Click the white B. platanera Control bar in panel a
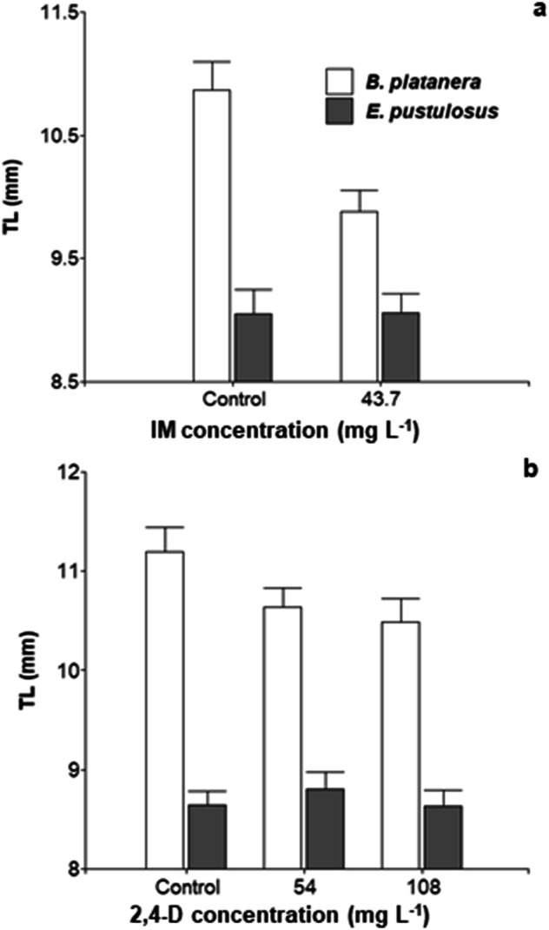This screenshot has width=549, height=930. point(212,235)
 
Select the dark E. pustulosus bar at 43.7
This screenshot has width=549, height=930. point(400,347)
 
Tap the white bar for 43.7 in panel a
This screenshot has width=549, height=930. point(359,296)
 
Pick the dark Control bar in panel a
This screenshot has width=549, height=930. point(254,347)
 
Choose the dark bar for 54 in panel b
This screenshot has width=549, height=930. point(325,828)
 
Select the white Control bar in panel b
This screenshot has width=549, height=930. point(165,710)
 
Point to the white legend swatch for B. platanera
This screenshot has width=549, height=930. point(339,82)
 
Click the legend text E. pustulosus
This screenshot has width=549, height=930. point(432,111)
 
